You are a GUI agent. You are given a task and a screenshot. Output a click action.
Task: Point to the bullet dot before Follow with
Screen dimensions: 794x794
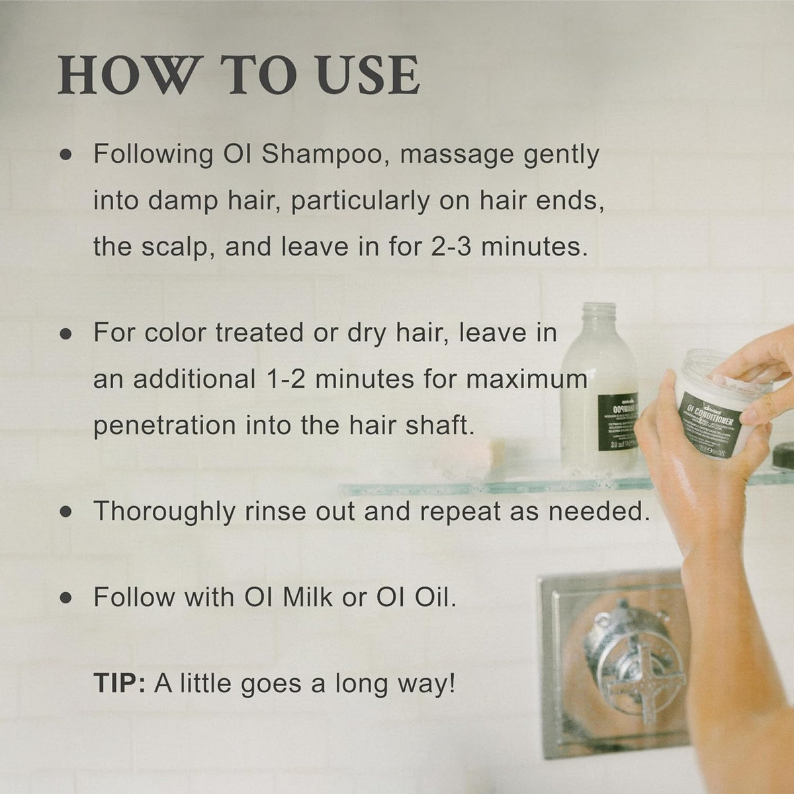pos(65,598)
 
